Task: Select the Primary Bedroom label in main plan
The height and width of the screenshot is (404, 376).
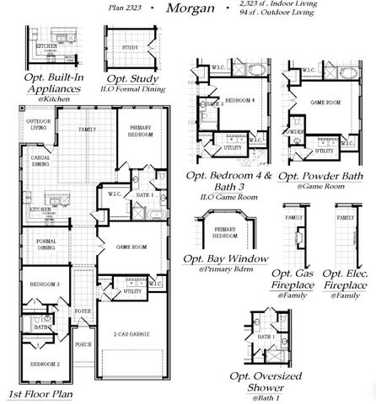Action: [x=139, y=132]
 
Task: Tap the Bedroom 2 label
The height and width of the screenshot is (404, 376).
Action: [x=46, y=363]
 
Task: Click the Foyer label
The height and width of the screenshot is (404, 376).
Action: [x=83, y=311]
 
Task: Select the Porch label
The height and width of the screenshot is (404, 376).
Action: [x=83, y=344]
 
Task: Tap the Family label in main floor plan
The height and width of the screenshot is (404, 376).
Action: [x=87, y=130]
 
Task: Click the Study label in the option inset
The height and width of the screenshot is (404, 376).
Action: [x=130, y=48]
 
